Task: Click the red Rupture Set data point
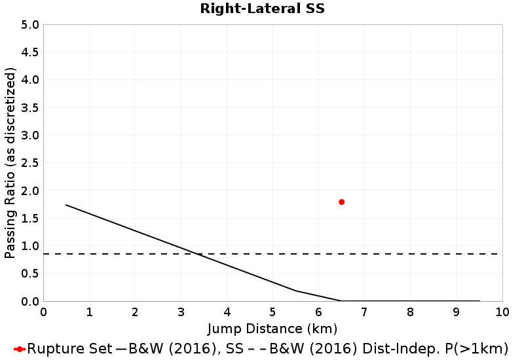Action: [341, 202]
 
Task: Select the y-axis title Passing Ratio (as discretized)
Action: [10, 163]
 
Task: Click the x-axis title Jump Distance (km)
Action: [272, 328]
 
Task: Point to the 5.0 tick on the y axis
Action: [31, 25]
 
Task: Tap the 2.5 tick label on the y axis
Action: [31, 163]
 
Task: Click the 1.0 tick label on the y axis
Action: [31, 246]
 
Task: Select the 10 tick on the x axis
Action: [502, 312]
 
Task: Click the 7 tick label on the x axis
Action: [364, 312]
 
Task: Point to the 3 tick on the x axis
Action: [181, 312]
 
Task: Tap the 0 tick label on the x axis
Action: [43, 312]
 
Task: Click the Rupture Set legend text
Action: [69, 348]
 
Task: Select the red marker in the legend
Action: [20, 348]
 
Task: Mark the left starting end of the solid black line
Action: [66, 205]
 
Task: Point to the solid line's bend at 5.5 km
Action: [295, 291]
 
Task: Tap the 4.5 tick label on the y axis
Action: [31, 52]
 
